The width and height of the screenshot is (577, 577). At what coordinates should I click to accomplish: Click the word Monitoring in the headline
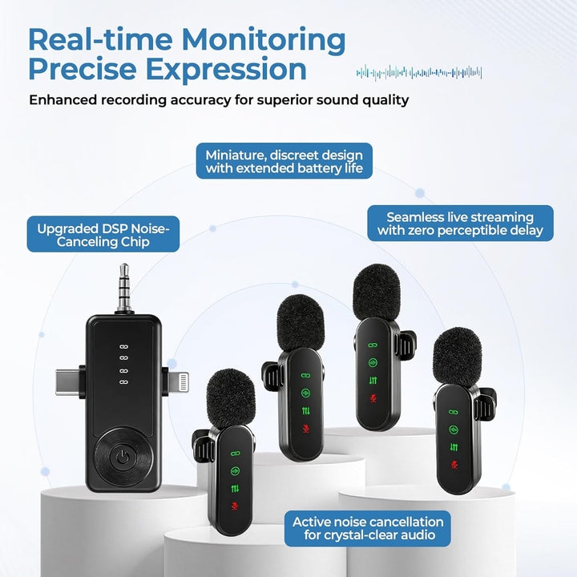point(264,41)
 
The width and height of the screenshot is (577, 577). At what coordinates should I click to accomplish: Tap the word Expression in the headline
point(226,69)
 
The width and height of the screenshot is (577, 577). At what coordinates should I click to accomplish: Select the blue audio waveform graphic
point(419,72)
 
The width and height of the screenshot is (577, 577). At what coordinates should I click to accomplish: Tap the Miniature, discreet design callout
point(284,161)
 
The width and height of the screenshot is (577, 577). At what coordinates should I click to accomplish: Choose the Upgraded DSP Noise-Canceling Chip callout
point(103,234)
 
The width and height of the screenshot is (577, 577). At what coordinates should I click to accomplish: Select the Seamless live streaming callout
point(460,224)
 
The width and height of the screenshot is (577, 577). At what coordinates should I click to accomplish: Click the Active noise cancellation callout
point(368,528)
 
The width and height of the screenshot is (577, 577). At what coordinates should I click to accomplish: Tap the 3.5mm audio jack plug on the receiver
point(124,288)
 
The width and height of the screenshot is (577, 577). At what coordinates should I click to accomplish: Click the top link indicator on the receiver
point(124,347)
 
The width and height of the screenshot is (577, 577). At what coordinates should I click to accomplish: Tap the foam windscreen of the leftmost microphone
point(231,399)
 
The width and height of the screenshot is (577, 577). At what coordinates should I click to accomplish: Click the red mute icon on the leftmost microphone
point(234,506)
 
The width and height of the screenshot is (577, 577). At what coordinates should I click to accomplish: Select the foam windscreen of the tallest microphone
point(377,293)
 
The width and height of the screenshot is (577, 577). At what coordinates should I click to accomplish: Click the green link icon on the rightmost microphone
point(454,413)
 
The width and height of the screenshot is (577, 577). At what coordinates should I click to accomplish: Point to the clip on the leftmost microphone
point(203,446)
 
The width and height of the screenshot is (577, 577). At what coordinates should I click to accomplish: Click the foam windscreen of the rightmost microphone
point(457,357)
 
